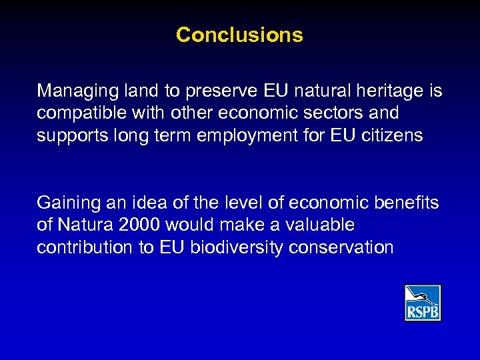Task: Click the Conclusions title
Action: pos(239,35)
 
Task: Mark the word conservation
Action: pos(341,248)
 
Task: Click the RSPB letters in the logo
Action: pos(423,311)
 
